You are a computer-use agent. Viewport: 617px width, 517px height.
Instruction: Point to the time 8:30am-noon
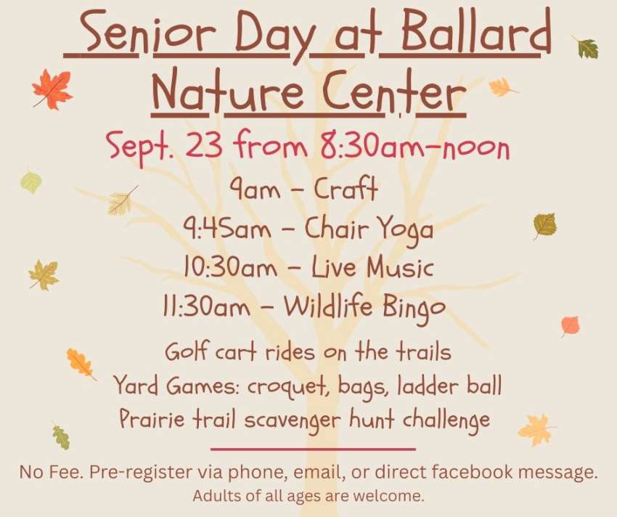(x=414, y=147)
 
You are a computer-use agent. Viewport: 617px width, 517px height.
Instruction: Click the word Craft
(x=346, y=188)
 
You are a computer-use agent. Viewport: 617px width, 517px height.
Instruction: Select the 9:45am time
(x=227, y=228)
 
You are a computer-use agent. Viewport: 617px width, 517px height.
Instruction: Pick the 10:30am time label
(x=230, y=267)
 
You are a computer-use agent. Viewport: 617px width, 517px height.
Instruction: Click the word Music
(x=400, y=267)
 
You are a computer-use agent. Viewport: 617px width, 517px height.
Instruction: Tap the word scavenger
(x=291, y=420)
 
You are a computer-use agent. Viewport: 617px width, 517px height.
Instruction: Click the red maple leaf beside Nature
(x=52, y=89)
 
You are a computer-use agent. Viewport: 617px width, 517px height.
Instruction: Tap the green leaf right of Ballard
(x=586, y=47)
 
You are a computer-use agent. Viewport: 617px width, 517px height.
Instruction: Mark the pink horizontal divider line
(x=313, y=449)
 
